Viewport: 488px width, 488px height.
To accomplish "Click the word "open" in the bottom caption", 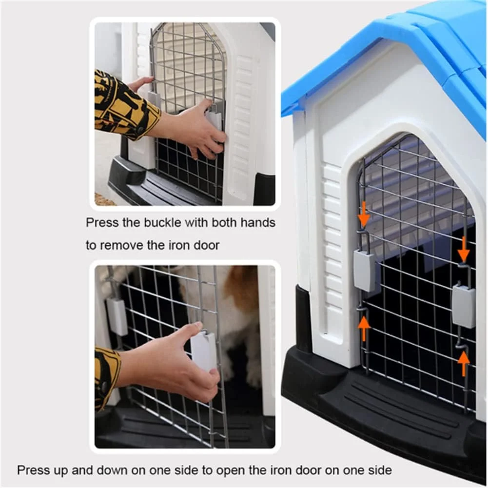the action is coord(229,470).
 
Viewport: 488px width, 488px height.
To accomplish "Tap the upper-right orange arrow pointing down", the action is coord(464,249).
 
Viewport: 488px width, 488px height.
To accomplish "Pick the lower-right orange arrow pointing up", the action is coord(464,364).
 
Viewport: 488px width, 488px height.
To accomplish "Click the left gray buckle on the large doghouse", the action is coord(364,272).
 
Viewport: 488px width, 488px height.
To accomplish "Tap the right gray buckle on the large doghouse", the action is coord(464,306).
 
